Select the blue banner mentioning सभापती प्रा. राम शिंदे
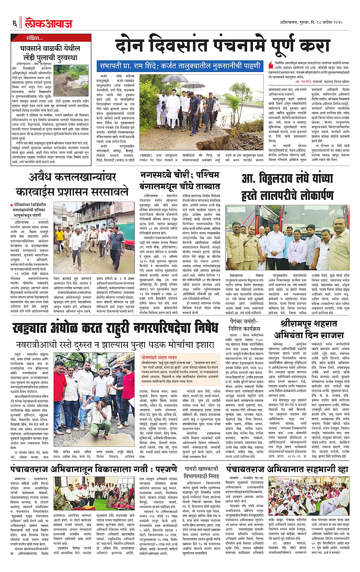(179, 66)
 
